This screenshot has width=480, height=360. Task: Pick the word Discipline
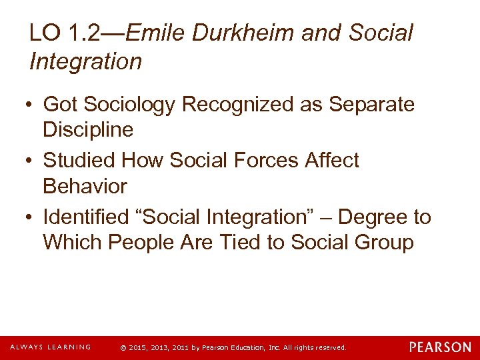point(88,130)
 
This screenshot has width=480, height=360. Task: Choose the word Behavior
point(85,186)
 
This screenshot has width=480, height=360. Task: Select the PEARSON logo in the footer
point(440,347)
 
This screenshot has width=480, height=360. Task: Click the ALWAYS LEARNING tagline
point(50,347)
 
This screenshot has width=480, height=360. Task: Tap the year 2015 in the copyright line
point(137,348)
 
